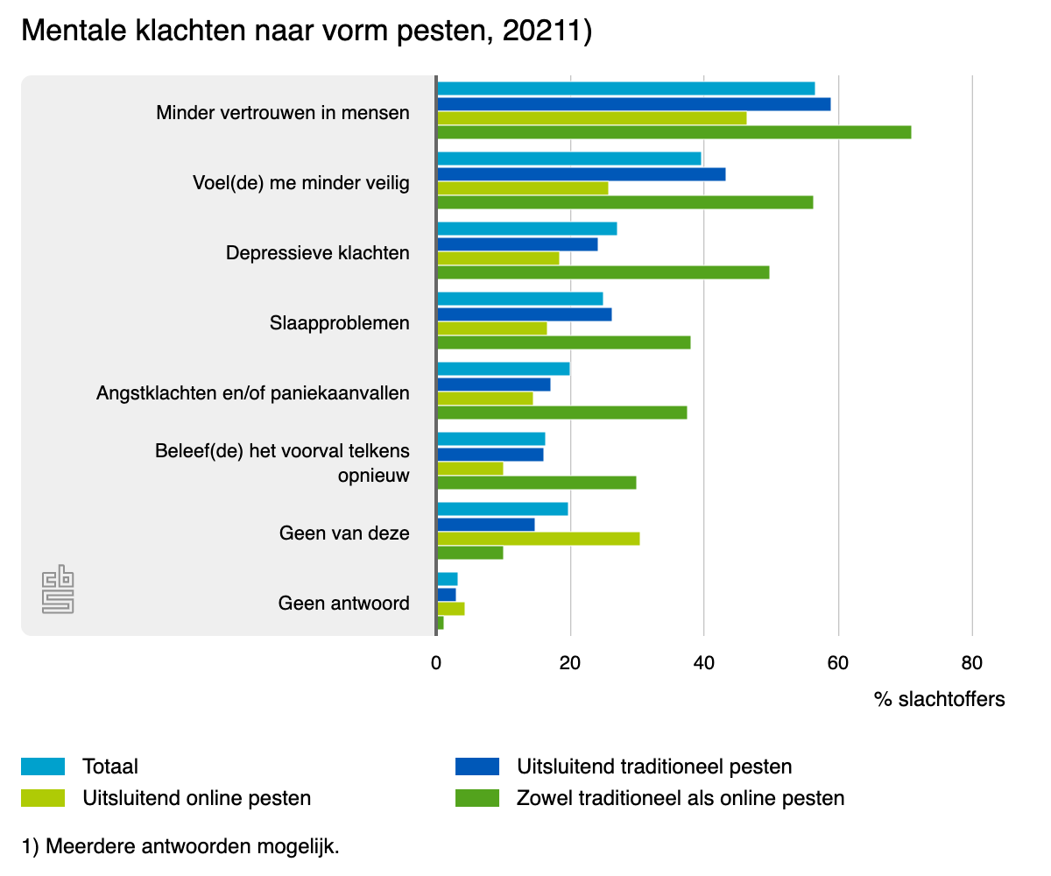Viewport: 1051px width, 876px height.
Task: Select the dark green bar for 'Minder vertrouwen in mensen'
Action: pos(674,132)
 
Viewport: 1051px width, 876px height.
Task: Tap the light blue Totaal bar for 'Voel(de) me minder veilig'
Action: pos(568,159)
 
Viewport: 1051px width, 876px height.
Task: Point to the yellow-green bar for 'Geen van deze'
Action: pos(538,538)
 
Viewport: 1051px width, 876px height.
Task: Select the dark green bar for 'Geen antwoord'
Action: pos(441,623)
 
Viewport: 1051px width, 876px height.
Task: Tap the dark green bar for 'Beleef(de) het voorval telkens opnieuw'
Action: pos(536,483)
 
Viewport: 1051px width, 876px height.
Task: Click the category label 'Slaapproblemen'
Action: pos(340,323)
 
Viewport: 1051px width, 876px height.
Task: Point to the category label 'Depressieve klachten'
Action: pos(317,253)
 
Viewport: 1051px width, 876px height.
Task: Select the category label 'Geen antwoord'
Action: pos(343,604)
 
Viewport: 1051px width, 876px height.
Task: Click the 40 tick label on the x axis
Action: pos(703,663)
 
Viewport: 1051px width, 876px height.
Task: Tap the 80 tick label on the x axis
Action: pos(971,663)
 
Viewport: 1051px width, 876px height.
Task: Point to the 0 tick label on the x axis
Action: pos(436,663)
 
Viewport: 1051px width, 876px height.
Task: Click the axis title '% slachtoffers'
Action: pos(939,699)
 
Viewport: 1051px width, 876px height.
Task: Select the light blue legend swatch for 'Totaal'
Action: pos(43,766)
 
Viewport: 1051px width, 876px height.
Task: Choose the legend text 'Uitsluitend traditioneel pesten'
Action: pos(654,766)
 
